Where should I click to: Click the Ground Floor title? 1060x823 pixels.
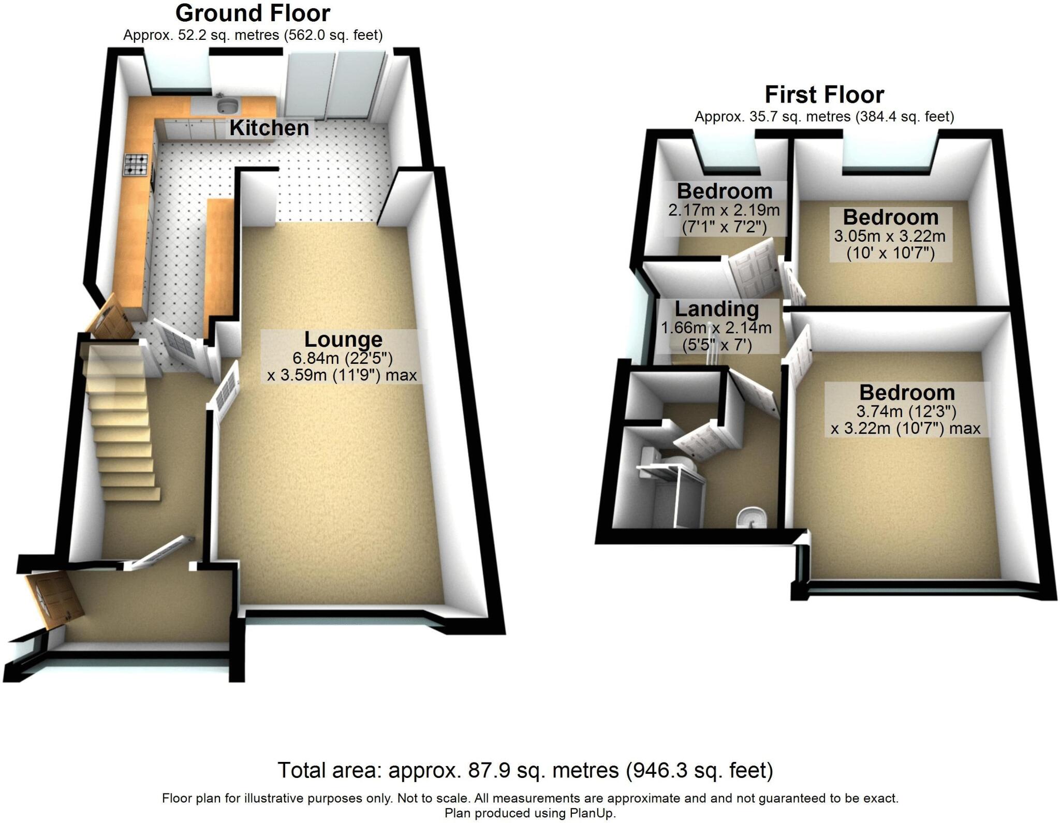[x=253, y=13]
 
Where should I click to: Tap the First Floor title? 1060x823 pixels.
[x=824, y=95]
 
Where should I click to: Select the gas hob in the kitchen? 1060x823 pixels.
[x=137, y=164]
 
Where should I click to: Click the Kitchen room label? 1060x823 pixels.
[x=269, y=128]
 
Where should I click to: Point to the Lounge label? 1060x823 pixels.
[x=343, y=340]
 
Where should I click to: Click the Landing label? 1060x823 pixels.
[x=717, y=309]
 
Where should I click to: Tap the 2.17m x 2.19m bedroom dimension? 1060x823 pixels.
[x=724, y=210]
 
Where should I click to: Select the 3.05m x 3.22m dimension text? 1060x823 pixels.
[x=890, y=237]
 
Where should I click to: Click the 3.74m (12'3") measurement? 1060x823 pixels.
[x=906, y=411]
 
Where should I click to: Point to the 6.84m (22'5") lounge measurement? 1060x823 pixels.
[x=343, y=358]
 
